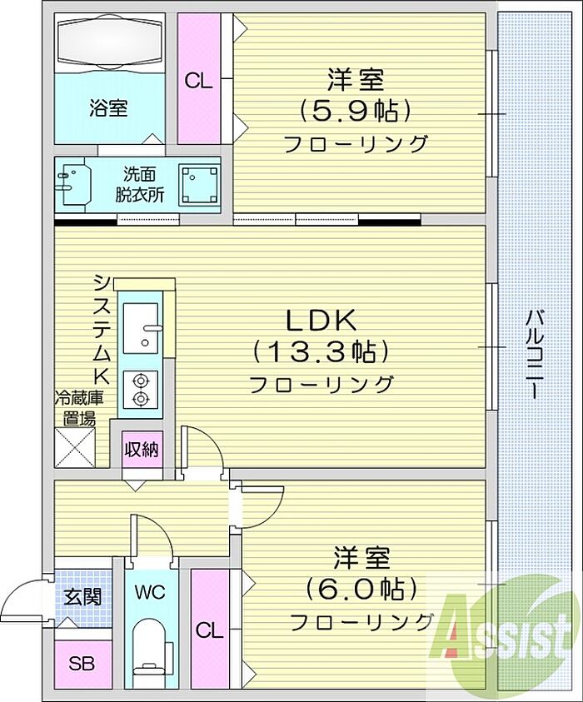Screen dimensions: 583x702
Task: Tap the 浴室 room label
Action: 108,108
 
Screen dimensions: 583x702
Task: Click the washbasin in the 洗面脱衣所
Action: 73,184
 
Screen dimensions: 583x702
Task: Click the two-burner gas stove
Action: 141,389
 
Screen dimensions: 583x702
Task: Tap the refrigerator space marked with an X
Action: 75,448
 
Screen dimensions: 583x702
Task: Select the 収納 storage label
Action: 142,449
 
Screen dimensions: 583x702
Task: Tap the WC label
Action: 151,592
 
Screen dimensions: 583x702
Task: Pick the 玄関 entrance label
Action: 82,597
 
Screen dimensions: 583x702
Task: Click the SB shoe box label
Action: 82,664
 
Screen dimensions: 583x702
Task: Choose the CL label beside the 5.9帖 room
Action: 198,82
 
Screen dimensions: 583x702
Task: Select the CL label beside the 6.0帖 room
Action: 209,631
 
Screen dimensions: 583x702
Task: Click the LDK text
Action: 321,321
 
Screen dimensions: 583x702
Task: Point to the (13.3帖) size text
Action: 321,352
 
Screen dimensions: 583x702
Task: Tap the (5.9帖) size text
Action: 355,111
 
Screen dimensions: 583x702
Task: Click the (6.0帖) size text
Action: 361,590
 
